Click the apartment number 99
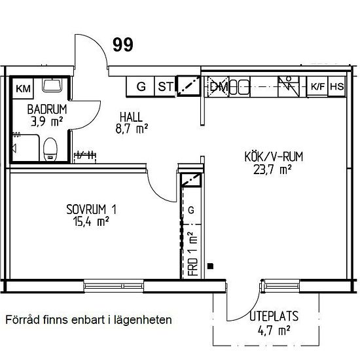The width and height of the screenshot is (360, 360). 123,45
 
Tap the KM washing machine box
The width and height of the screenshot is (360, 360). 23,88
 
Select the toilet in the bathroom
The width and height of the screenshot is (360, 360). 50,149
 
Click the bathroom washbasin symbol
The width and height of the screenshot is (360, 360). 52,85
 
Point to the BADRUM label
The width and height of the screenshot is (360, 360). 47,109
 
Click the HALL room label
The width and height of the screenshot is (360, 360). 131,117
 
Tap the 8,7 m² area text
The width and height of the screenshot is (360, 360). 132,128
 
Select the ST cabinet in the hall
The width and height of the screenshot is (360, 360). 166,86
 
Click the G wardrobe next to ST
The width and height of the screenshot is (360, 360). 141,86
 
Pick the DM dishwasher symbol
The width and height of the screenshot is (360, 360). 218,87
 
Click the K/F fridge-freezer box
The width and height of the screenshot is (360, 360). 317,86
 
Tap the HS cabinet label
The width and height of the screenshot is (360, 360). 337,86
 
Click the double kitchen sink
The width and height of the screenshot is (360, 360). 240,87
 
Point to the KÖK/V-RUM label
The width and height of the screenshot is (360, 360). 274,157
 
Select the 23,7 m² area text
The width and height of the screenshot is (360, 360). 272,170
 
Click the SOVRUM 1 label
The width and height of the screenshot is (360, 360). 91,209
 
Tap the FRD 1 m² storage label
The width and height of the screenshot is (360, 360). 193,254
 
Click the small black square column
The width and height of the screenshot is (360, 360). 210,266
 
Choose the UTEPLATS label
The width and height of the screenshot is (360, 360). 274,316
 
